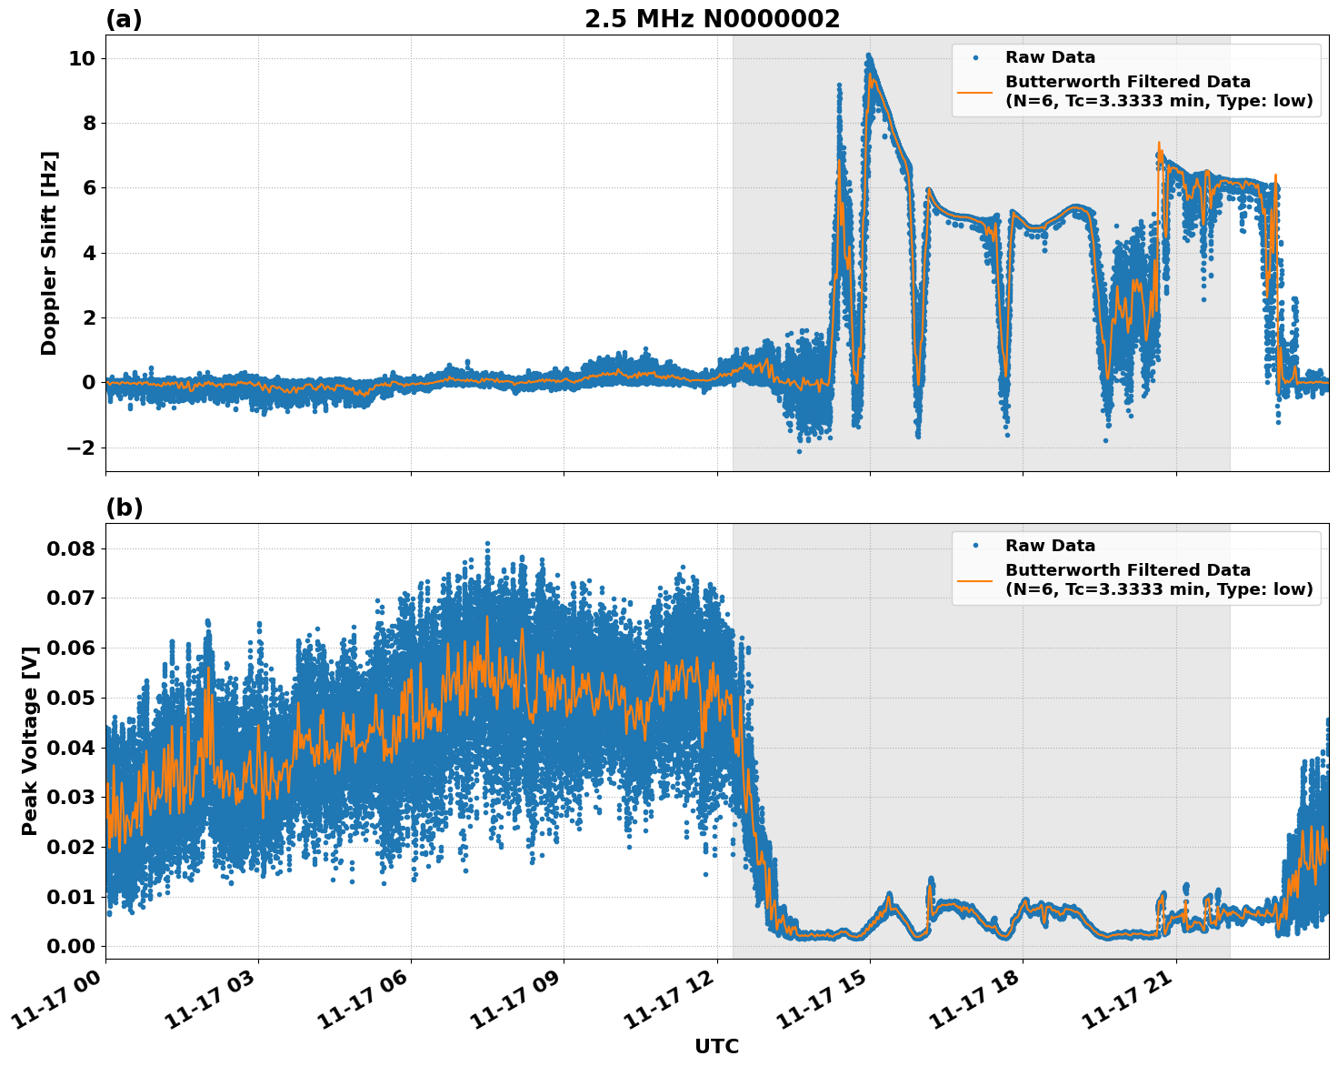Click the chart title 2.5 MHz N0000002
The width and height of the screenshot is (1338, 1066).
712,19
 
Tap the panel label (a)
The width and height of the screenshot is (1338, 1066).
124,19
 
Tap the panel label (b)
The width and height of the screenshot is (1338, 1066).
124,508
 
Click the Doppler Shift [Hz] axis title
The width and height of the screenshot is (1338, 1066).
49,253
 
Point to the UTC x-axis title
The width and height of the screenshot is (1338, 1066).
716,1046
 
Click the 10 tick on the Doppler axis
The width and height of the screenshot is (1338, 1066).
82,58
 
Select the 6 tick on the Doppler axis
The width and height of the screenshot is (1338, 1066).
88,188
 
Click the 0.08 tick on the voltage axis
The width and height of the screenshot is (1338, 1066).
71,548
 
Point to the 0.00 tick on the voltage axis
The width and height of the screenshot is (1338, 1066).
71,946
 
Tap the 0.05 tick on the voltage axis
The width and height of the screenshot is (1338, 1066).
71,698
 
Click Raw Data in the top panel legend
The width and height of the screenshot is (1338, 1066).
1050,57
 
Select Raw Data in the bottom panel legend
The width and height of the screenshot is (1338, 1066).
1050,546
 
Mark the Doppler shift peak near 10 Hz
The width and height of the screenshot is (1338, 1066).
869,57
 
